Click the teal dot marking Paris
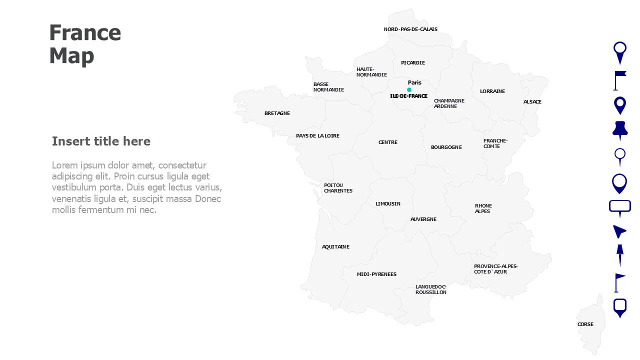(x=409, y=90)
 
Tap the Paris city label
(x=414, y=82)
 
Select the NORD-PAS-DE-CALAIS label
(x=410, y=29)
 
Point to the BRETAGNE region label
(x=277, y=113)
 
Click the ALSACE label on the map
(x=532, y=102)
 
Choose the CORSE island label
(x=585, y=324)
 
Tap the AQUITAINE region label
(x=335, y=247)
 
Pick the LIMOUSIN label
(x=387, y=204)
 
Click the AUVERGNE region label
(x=423, y=219)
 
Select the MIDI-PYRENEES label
(x=376, y=274)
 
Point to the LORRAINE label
(x=492, y=91)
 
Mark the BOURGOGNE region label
(x=446, y=147)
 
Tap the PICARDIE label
(x=412, y=63)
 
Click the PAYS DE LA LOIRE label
(x=317, y=136)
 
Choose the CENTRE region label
(x=387, y=142)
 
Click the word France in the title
(x=85, y=33)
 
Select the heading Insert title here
(x=101, y=141)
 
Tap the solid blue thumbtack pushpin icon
(x=619, y=130)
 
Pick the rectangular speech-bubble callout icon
(x=619, y=207)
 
